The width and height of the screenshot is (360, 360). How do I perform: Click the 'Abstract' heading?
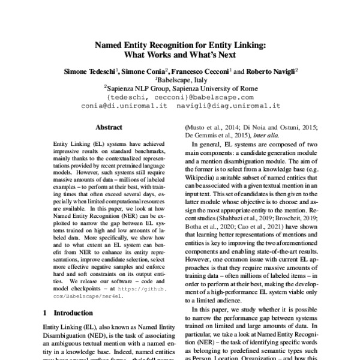[109, 127]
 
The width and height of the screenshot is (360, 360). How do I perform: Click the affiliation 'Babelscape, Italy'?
[181, 79]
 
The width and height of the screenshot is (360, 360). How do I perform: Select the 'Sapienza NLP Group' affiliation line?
[181, 87]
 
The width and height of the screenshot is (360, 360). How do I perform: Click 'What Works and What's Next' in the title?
[180, 55]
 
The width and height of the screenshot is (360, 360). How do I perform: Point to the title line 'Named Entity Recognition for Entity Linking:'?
[180, 44]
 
